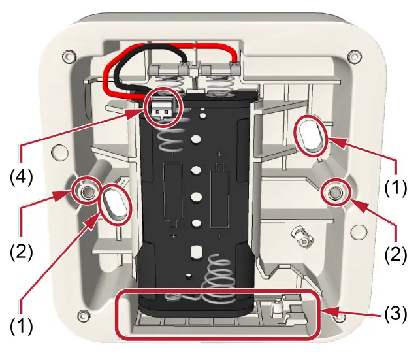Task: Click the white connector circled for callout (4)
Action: point(162,108)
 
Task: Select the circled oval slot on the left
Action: point(115,205)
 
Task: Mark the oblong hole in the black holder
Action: point(197,252)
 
